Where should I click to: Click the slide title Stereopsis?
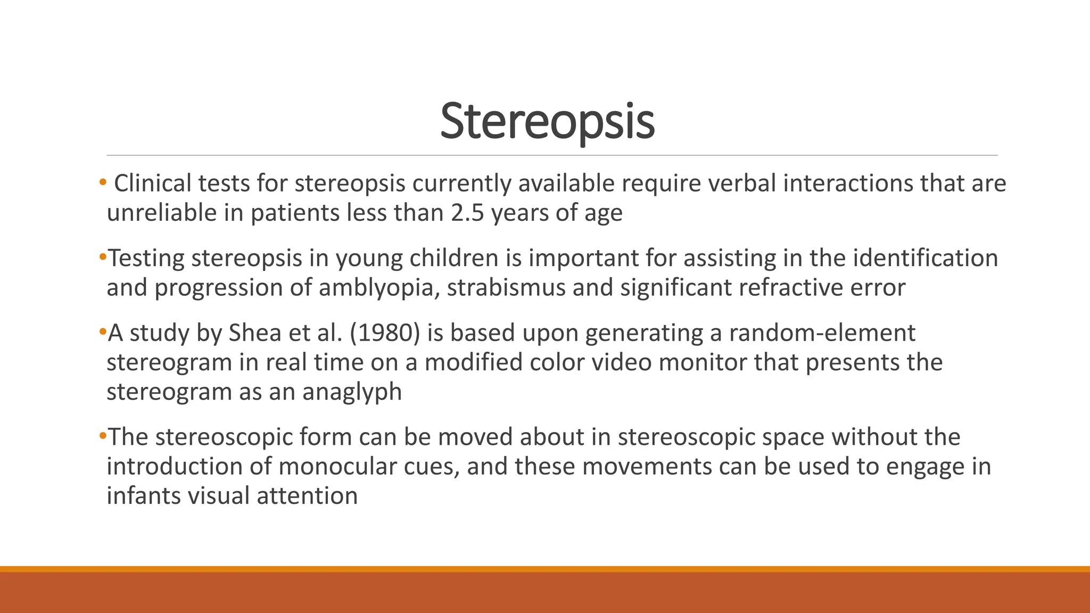pos(547,122)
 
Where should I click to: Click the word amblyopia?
pos(379,288)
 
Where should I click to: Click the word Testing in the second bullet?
pos(146,259)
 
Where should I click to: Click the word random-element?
pos(822,333)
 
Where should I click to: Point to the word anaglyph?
pos(352,392)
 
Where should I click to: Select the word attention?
pos(307,496)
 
